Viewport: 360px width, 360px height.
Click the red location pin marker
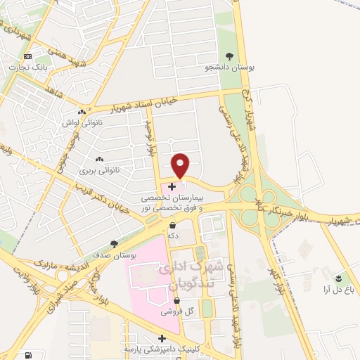coord(181,165)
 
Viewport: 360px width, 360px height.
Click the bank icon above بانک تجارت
coord(27,56)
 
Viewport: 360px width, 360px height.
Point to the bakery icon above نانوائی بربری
coord(98,159)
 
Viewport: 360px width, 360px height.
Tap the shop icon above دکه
coord(173,226)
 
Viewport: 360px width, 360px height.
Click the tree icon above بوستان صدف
coord(114,243)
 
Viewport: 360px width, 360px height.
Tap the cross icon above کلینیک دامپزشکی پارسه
coord(162,338)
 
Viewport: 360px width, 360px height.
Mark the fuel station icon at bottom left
coord(28,356)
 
